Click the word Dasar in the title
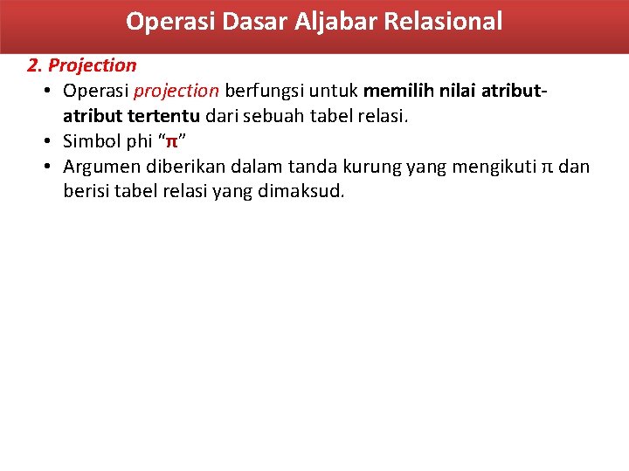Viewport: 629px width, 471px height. pos(244,21)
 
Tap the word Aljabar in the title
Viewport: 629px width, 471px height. pos(333,21)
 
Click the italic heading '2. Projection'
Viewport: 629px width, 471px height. pos(82,65)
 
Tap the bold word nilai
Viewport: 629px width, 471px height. pos(456,91)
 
